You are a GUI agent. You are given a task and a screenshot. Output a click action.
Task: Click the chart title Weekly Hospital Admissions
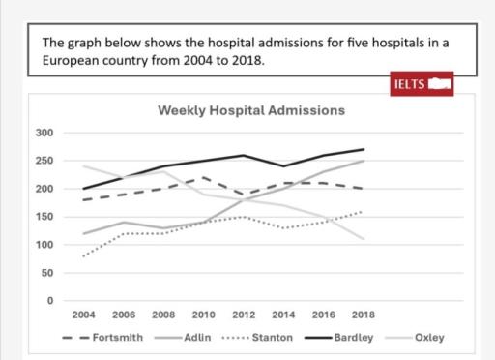click(x=250, y=110)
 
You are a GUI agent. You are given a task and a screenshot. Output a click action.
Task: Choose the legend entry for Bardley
click(x=353, y=338)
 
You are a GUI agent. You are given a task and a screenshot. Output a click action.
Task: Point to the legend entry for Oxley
click(x=425, y=338)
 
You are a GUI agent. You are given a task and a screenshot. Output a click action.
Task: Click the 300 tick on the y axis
click(x=44, y=133)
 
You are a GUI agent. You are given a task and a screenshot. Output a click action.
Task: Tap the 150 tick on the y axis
click(x=44, y=217)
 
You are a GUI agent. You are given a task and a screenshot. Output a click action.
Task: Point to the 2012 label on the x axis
click(x=243, y=315)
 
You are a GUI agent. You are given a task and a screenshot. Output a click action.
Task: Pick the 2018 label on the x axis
click(x=362, y=315)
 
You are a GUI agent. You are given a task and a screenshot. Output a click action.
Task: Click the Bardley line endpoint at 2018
click(x=364, y=149)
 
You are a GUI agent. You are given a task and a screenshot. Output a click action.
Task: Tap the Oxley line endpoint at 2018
click(x=364, y=239)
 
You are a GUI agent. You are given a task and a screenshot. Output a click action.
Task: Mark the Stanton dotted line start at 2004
click(x=85, y=256)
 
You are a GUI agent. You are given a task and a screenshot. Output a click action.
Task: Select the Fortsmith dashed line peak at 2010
click(x=204, y=178)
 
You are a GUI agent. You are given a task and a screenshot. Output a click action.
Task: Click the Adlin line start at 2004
click(x=85, y=234)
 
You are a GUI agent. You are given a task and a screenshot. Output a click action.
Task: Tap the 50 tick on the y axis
click(x=45, y=273)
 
